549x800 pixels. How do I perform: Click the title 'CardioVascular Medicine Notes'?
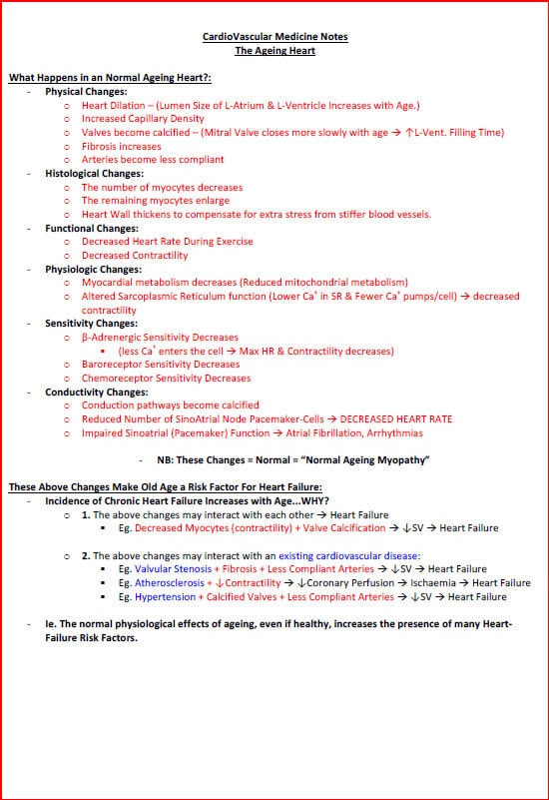[x=274, y=37]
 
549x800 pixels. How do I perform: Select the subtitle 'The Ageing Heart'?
[x=274, y=50]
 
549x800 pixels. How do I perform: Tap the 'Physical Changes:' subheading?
[x=87, y=91]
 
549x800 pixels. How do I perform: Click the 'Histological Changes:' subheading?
[x=94, y=173]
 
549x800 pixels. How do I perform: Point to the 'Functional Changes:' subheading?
[x=92, y=228]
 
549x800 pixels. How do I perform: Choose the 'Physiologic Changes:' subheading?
[x=93, y=269]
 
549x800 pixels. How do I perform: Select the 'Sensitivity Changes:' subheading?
[x=92, y=324]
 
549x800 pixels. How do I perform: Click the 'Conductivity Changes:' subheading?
[x=96, y=392]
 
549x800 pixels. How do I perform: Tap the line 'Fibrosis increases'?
[x=122, y=146]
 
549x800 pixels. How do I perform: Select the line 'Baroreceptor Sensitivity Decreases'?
[x=160, y=365]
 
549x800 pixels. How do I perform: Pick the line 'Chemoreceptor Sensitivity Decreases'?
[x=166, y=379]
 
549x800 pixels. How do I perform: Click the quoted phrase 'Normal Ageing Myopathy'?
[x=357, y=460]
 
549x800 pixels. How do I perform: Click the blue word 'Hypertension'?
[x=163, y=597]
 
